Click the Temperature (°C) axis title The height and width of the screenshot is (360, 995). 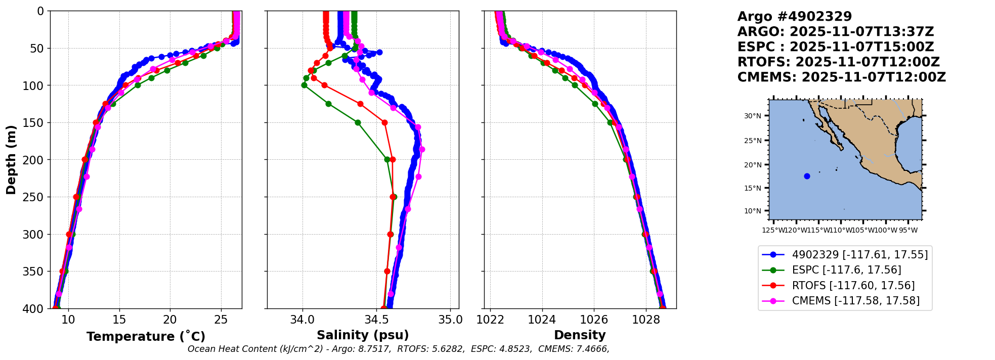tap(146, 337)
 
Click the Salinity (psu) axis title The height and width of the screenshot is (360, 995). tap(363, 335)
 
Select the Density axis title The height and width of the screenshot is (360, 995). tap(580, 335)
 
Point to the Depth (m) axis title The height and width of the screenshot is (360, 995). tap(11, 160)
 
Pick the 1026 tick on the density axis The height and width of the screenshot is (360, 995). tap(594, 320)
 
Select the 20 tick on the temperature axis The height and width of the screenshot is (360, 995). tap(170, 320)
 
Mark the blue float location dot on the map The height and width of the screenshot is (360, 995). tap(807, 176)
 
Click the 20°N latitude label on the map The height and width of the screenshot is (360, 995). tap(752, 165)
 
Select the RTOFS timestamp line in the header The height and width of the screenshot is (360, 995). tap(838, 62)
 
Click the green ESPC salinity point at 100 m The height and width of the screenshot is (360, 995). tap(304, 85)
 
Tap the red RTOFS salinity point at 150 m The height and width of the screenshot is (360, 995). tap(384, 122)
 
